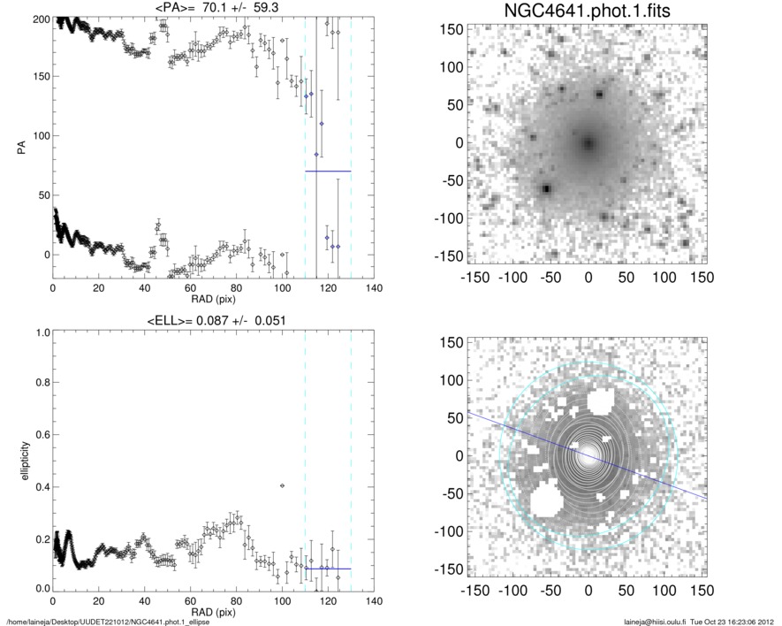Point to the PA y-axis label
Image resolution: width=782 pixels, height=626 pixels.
point(19,147)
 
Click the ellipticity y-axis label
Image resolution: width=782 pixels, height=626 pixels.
point(19,459)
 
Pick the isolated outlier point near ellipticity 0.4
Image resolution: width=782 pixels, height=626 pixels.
point(282,485)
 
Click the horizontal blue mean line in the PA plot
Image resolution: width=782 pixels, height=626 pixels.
point(328,171)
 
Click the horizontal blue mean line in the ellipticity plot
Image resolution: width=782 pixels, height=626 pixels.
point(328,569)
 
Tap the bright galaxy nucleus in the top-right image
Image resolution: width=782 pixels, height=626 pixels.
point(588,142)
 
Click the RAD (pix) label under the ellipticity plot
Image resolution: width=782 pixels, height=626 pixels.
point(212,612)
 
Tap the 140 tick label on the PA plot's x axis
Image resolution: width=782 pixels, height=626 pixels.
point(374,288)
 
